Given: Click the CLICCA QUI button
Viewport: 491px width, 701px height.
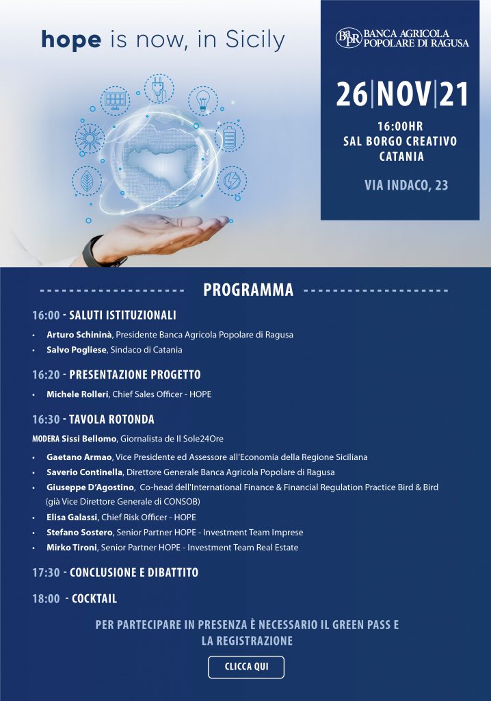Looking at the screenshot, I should [246, 667].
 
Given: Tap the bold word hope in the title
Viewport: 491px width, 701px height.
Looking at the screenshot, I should [71, 40].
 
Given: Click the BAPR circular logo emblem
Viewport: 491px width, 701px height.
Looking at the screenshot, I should [348, 38].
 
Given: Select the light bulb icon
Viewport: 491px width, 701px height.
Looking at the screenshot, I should [202, 100].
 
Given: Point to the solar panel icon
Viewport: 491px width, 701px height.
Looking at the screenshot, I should [115, 101].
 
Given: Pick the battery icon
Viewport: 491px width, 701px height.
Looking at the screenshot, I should [229, 136].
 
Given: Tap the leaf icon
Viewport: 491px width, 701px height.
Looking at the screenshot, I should [87, 181].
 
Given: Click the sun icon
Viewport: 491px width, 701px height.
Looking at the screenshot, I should [90, 138].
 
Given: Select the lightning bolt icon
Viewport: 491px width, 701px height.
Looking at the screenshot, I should [231, 180].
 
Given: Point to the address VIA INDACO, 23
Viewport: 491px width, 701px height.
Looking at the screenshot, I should [406, 185].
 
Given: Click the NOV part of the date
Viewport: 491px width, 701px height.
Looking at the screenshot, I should [403, 94].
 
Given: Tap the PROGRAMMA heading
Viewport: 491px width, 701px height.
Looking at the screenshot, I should [248, 290].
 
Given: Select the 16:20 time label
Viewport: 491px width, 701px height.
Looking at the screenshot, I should [46, 375].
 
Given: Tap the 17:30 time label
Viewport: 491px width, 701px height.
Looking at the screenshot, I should [46, 572].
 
